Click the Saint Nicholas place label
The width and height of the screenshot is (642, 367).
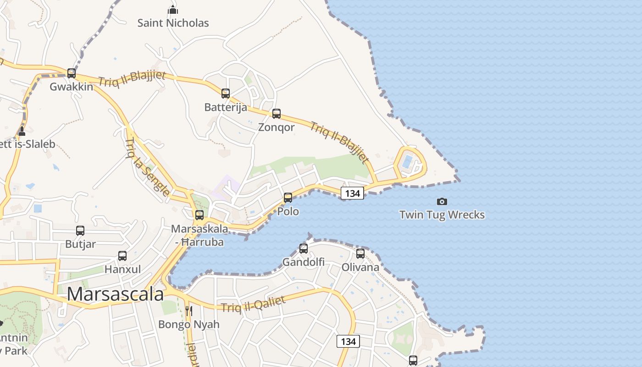tap(173, 23)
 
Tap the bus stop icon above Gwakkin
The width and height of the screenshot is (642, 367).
tap(72, 73)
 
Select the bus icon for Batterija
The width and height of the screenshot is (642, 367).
tap(226, 94)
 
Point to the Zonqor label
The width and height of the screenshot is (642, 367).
tap(276, 127)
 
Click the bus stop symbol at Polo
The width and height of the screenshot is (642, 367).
tap(288, 198)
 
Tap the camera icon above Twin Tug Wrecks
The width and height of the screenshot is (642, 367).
tap(442, 201)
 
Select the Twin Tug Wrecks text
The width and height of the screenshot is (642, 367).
tap(442, 215)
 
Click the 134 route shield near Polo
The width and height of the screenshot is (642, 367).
tap(352, 193)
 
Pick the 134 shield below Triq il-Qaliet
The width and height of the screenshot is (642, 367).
tap(348, 341)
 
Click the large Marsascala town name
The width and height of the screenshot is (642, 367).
tap(115, 294)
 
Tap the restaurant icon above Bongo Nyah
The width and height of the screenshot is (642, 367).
tap(188, 311)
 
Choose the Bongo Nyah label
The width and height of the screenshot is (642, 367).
tap(188, 324)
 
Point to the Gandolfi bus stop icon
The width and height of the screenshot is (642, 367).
tap(304, 249)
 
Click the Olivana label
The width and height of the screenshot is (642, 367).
tap(360, 267)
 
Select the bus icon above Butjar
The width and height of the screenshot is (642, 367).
tap(80, 231)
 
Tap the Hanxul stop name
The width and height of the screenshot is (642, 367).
tap(122, 269)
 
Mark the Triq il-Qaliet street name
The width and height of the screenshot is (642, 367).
tap(253, 304)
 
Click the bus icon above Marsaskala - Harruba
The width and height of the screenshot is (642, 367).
tap(199, 215)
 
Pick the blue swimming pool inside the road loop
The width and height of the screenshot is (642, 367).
tap(407, 161)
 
